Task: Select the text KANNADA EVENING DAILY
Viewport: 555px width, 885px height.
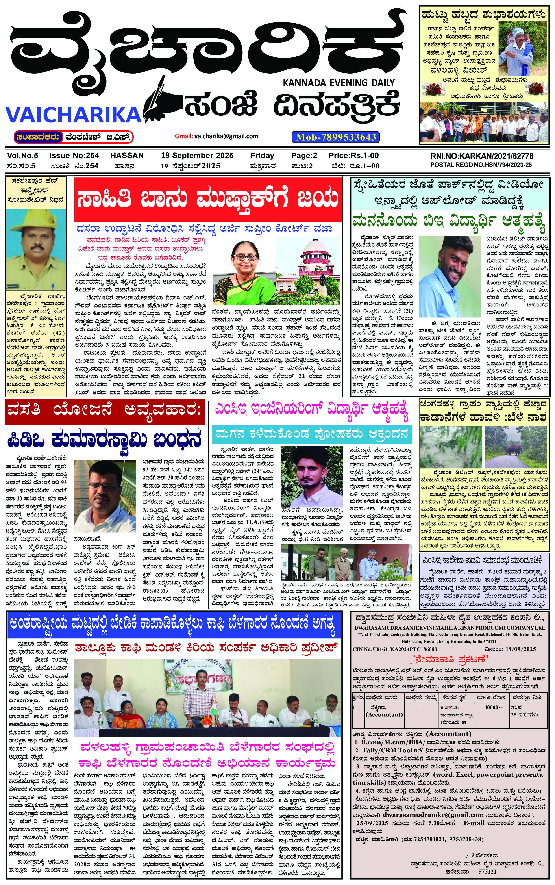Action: (339, 83)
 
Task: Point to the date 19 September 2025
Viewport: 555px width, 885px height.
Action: (197, 155)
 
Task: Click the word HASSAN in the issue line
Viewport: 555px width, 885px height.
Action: (127, 155)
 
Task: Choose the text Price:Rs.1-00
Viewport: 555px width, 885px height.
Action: (353, 155)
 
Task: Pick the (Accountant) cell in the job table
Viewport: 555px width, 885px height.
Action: (384, 715)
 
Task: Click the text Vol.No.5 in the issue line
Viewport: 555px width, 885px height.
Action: (22, 155)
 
